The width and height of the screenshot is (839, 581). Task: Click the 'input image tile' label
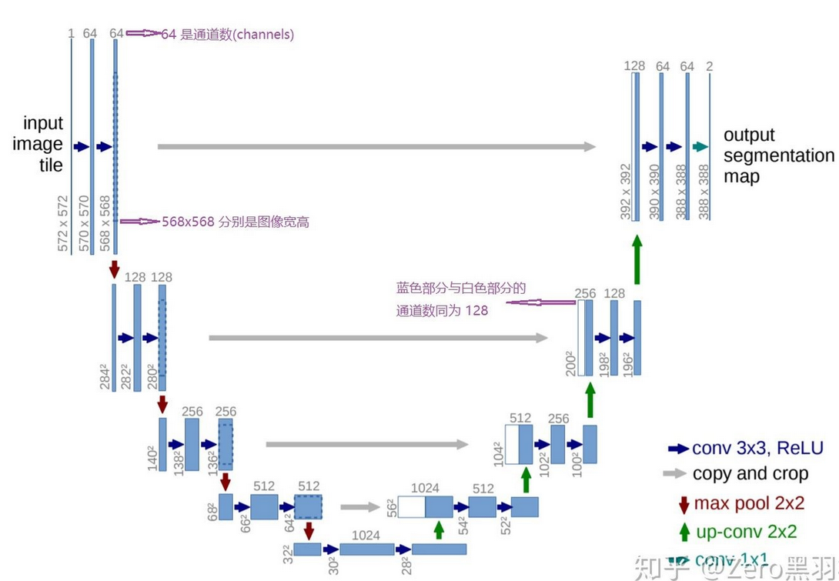pos(43,144)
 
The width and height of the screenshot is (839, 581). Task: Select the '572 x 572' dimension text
pos(63,222)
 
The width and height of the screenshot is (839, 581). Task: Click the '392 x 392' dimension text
pos(626,191)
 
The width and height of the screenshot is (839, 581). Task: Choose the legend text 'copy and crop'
pos(750,474)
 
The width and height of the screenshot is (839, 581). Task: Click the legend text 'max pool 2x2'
pos(749,503)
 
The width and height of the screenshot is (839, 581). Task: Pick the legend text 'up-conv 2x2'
pos(746,532)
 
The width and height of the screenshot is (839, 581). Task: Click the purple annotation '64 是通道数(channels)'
pos(227,35)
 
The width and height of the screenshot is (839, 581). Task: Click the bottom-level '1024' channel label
pos(366,535)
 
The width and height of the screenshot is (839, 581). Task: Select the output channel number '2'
pos(709,67)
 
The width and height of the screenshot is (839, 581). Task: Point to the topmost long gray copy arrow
pos(376,146)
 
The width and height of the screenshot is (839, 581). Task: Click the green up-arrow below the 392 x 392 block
pos(637,259)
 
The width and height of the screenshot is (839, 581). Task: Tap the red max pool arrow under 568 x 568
pos(115,269)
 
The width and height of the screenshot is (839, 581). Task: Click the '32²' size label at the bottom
pos(288,555)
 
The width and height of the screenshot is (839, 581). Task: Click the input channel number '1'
pos(71,33)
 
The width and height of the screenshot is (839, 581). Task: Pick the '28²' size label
pos(406,565)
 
